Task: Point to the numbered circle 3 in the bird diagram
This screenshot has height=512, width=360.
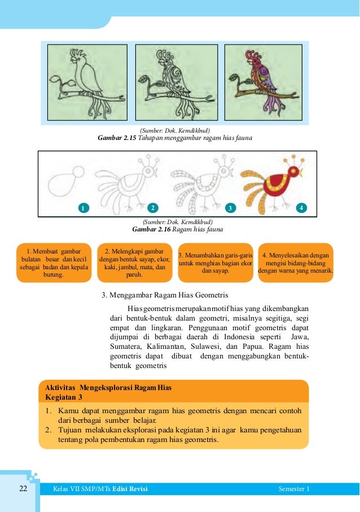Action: pos(230,207)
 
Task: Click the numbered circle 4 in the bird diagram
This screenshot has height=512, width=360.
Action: pos(302,207)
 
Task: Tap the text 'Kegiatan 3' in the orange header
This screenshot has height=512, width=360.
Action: pos(64,397)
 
